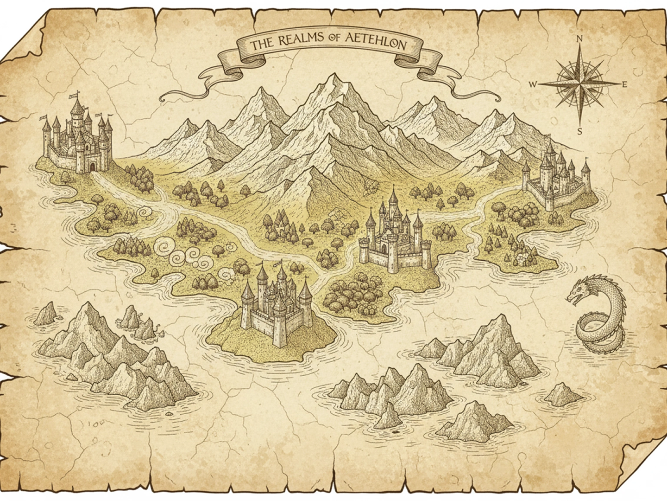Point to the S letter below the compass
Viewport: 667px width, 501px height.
point(579,130)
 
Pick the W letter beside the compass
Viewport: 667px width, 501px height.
point(533,84)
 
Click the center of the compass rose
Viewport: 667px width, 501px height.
point(579,84)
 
